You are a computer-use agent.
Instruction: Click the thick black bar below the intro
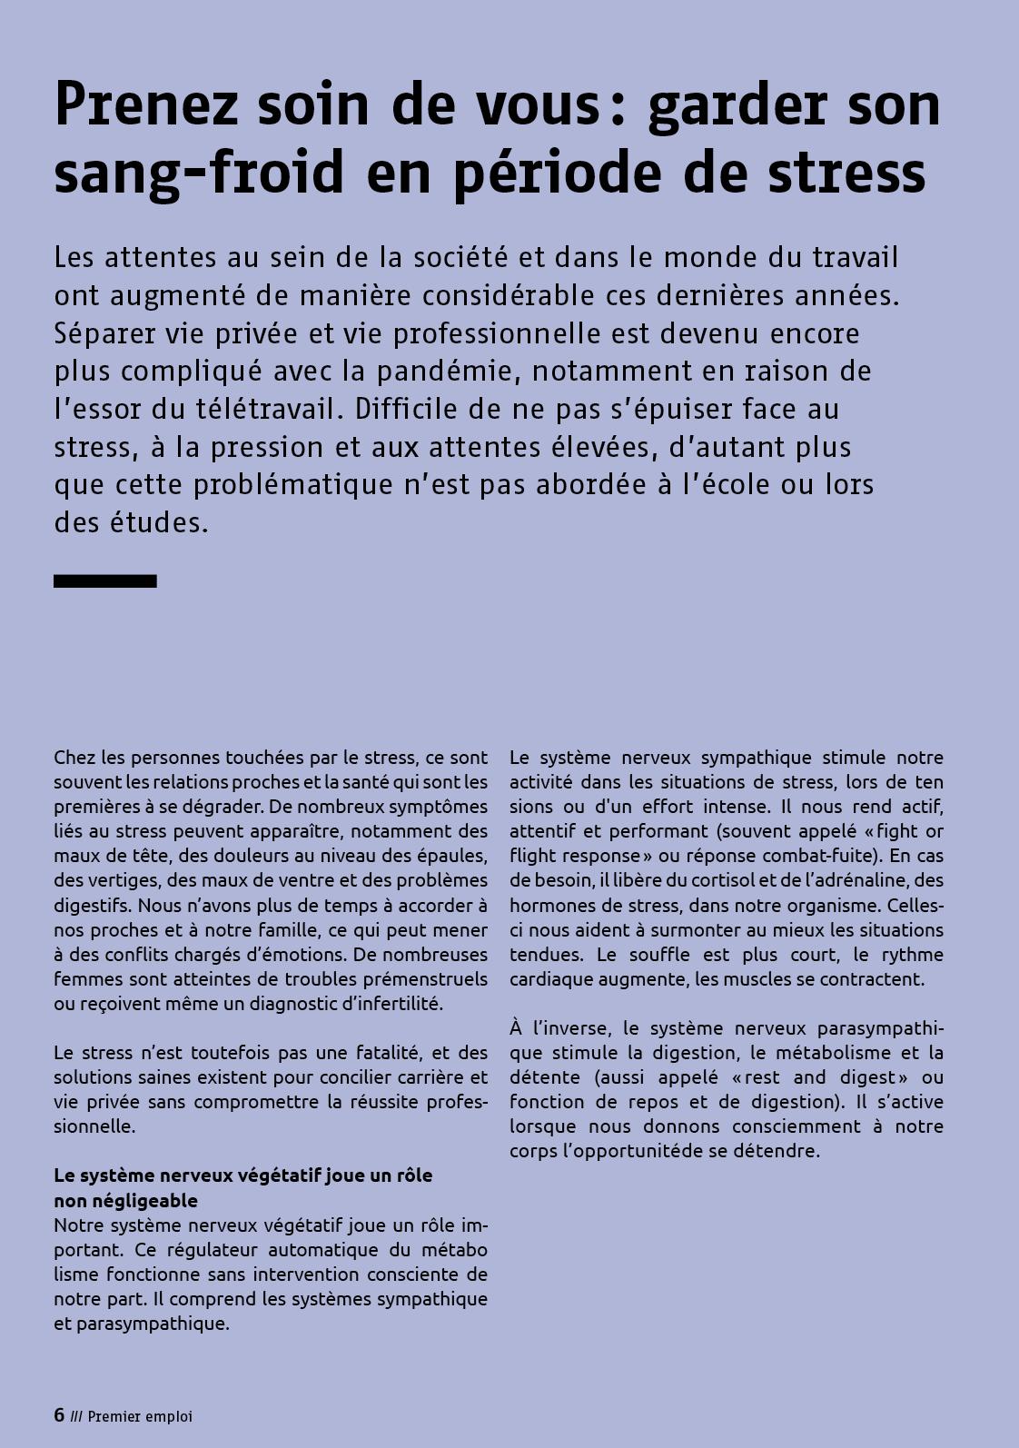click(x=105, y=581)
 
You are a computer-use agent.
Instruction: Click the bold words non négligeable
click(x=125, y=1200)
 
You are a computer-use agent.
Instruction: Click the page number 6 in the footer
click(x=59, y=1415)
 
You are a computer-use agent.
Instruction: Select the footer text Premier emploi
click(x=140, y=1416)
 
